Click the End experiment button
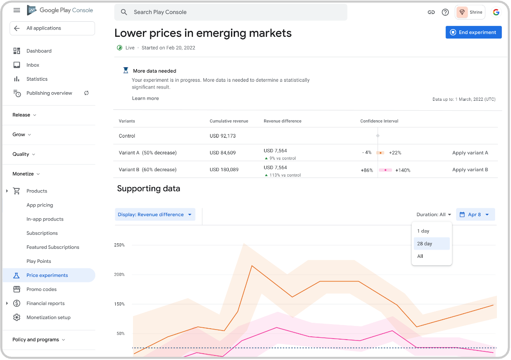tap(473, 32)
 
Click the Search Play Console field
tap(231, 12)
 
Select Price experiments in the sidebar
tap(47, 276)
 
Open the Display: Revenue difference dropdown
tap(155, 215)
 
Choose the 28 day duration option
tap(431, 244)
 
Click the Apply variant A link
tap(470, 153)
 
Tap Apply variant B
tap(470, 170)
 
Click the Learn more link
tap(145, 99)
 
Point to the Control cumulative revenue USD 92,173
tap(222, 136)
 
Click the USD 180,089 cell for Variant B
tap(224, 170)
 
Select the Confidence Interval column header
tap(379, 121)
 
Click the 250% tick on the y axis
tap(119, 245)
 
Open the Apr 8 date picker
tap(475, 215)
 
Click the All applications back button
tap(52, 28)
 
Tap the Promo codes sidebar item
tap(42, 290)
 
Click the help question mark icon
tap(445, 12)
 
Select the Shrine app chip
tap(470, 12)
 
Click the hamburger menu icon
tap(17, 10)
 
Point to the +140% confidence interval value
tap(403, 170)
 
